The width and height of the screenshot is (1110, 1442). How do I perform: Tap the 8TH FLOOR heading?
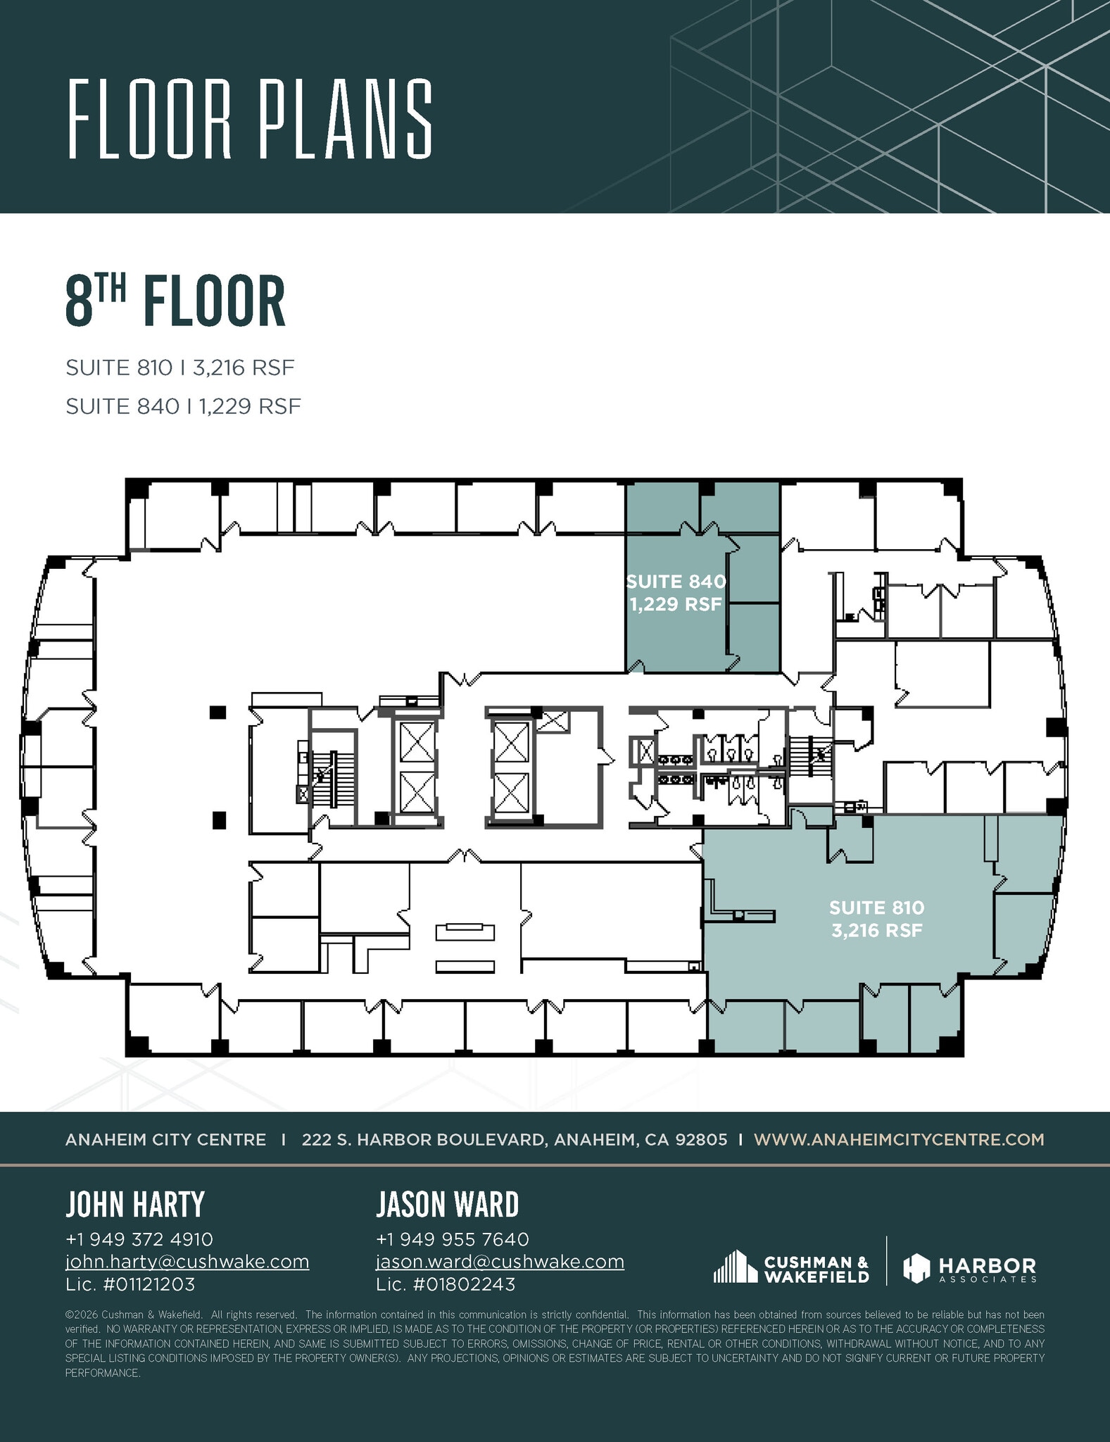pos(175,301)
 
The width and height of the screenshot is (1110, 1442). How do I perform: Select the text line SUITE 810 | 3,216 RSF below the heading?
pos(179,368)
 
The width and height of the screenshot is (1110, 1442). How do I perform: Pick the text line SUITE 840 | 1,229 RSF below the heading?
pos(183,406)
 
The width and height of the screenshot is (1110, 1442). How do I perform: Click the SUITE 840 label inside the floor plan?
pos(676,582)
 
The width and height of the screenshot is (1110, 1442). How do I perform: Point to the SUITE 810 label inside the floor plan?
pos(877,908)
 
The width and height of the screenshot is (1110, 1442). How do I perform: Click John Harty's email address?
pos(187,1261)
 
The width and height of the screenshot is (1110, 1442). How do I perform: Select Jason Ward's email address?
pos(500,1261)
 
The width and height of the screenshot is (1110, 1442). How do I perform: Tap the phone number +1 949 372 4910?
pos(139,1239)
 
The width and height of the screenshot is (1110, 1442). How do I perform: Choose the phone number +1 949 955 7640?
pos(452,1239)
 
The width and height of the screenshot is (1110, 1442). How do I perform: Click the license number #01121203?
pos(149,1284)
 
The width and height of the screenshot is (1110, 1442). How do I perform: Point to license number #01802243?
pos(464,1284)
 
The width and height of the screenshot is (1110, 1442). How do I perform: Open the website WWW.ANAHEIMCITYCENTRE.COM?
pos(899,1139)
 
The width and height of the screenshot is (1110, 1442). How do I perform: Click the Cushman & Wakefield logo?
pos(791,1267)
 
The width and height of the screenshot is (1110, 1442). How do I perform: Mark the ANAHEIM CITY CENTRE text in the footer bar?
pos(165,1139)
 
